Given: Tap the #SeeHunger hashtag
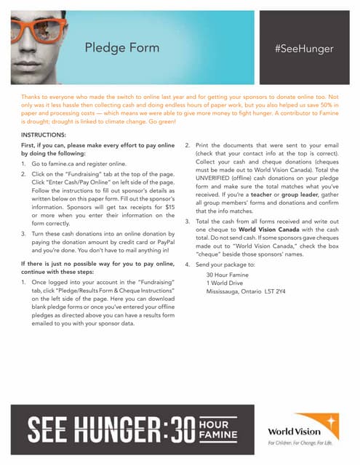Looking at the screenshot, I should (304, 49).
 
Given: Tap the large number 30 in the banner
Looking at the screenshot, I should (175, 429).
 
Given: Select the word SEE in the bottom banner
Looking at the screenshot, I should (47, 429).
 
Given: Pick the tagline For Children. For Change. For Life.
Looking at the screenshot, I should (300, 442).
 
